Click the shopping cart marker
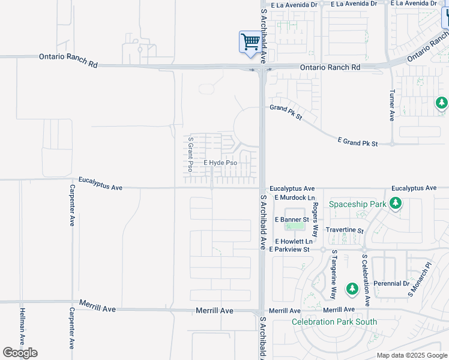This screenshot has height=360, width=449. [x=250, y=43]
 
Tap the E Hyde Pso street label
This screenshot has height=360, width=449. [x=220, y=163]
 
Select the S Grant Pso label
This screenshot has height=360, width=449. [x=190, y=154]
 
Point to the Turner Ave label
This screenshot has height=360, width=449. [x=392, y=106]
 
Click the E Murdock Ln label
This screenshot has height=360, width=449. [x=295, y=197]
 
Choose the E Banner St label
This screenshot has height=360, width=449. [x=292, y=220]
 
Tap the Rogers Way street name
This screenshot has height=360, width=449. [x=315, y=211]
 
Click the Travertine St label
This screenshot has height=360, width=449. [x=345, y=230]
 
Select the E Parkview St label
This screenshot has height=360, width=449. [x=289, y=249]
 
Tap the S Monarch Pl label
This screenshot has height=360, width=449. [x=411, y=280]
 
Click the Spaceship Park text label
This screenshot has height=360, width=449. [x=358, y=204]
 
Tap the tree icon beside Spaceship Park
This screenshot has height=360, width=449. [x=395, y=205]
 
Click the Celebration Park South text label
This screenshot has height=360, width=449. [x=334, y=322]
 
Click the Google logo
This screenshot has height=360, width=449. [x=20, y=353]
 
